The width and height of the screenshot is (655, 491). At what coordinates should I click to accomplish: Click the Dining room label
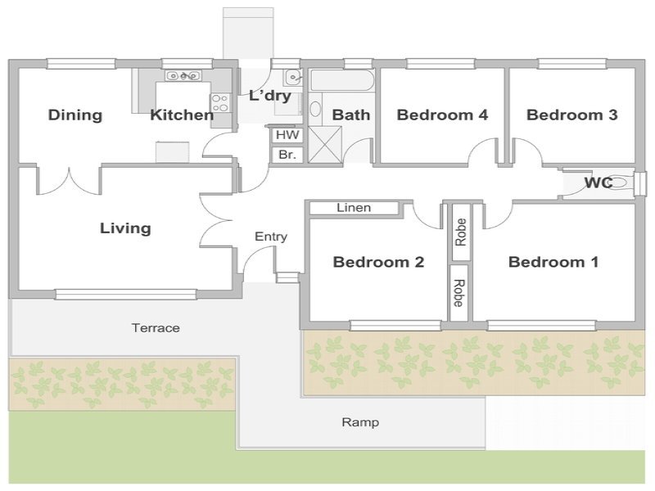click(x=75, y=115)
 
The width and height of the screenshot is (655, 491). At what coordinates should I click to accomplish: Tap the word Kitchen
click(x=182, y=115)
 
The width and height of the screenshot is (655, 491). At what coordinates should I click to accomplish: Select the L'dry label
click(x=270, y=96)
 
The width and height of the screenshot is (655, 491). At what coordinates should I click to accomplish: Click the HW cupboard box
click(x=287, y=135)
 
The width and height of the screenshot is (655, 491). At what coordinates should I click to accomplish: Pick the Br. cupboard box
click(x=287, y=155)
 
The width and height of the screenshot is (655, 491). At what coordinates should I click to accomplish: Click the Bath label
click(x=351, y=115)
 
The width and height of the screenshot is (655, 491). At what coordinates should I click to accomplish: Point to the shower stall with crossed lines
click(x=324, y=145)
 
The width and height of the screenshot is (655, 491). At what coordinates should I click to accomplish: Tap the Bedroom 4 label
click(x=442, y=115)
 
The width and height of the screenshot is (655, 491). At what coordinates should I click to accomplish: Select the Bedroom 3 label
click(x=571, y=115)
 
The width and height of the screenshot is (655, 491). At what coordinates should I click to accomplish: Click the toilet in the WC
click(x=621, y=182)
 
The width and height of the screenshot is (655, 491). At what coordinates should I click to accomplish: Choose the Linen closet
click(x=354, y=208)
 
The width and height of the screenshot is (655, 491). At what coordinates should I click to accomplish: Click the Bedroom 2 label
click(x=378, y=262)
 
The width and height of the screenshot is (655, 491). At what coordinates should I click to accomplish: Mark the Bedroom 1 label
click(x=553, y=262)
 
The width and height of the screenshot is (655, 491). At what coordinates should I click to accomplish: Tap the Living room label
click(x=125, y=228)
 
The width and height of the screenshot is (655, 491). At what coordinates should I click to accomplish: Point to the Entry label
click(x=271, y=236)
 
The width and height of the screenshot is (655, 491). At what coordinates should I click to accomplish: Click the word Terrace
click(x=156, y=328)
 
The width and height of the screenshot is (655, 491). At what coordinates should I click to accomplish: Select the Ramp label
click(x=360, y=422)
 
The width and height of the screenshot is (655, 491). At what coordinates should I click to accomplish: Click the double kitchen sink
click(x=183, y=75)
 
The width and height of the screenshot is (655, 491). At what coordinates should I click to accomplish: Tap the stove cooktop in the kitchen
click(x=220, y=103)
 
